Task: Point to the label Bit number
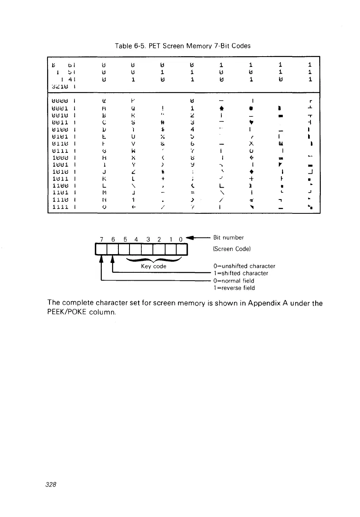(229, 238)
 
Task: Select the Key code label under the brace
(154, 266)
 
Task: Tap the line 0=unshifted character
(244, 266)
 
